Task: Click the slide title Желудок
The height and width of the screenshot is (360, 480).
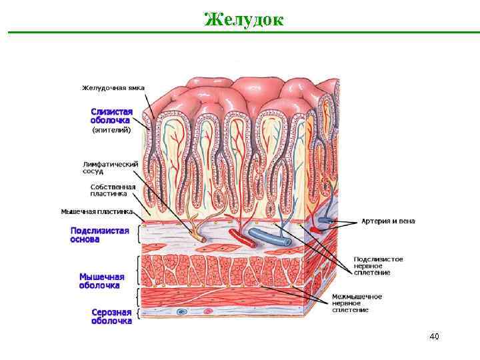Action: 243,19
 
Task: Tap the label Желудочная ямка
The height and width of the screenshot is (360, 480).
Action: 113,88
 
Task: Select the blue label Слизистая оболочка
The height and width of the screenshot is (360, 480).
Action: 112,116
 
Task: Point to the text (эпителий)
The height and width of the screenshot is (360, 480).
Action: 111,131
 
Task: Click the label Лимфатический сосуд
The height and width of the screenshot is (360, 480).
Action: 110,167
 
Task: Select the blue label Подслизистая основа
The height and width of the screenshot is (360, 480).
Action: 99,234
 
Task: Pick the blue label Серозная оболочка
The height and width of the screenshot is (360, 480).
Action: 111,316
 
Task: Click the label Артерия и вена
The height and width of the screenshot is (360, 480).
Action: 387,221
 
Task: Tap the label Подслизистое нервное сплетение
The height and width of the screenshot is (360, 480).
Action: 378,265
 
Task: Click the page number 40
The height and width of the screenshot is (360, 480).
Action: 434,336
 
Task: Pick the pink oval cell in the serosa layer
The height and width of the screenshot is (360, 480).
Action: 207,311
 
